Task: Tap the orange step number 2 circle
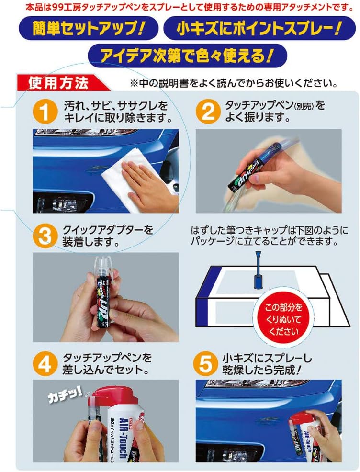207,112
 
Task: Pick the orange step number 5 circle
207,364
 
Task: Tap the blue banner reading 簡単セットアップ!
88,29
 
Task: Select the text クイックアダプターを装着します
108,235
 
